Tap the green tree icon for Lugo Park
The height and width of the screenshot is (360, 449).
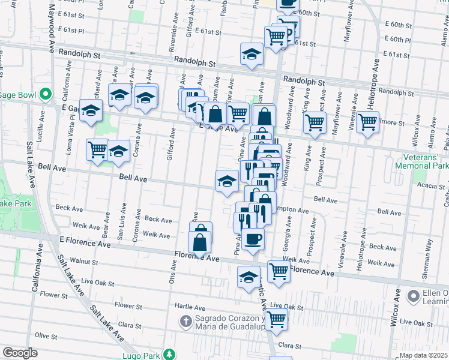[170, 354]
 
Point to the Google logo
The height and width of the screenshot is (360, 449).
[20, 353]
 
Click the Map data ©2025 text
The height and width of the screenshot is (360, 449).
[424, 355]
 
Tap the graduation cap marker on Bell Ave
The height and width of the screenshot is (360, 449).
[226, 181]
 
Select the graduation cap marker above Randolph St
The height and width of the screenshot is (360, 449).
[252, 55]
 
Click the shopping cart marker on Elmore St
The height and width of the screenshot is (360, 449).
[367, 122]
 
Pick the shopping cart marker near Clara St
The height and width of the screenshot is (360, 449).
[276, 320]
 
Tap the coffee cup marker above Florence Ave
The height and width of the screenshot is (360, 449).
[253, 239]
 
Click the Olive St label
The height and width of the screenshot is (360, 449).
[45, 335]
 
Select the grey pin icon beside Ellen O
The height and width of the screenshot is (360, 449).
[413, 296]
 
